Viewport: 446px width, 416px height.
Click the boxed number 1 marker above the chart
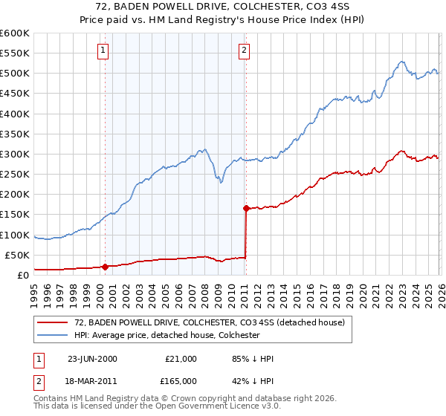pos(102,51)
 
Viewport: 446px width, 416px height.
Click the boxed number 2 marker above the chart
pos(243,51)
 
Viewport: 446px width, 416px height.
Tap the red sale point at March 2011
pos(245,208)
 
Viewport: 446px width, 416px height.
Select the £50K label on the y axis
pos(16,256)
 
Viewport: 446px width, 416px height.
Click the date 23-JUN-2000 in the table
pos(92,359)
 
